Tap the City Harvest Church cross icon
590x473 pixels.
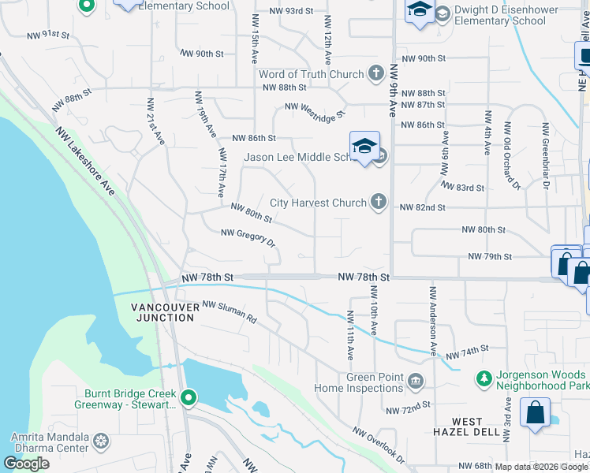click(379, 203)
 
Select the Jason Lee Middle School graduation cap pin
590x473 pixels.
click(364, 147)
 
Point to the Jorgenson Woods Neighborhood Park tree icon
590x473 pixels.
click(484, 379)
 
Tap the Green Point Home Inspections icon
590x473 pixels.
click(416, 383)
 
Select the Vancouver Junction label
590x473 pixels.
click(162, 312)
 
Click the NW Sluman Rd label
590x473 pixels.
click(230, 312)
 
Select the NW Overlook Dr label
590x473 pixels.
click(379, 445)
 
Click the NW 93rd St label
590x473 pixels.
click(290, 12)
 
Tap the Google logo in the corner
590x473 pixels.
click(27, 464)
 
